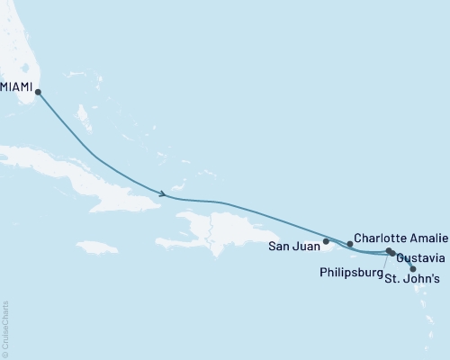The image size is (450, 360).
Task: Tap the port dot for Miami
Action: coord(38,89)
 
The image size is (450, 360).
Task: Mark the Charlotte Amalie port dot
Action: coord(350,243)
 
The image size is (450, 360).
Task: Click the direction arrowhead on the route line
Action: coord(163,193)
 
